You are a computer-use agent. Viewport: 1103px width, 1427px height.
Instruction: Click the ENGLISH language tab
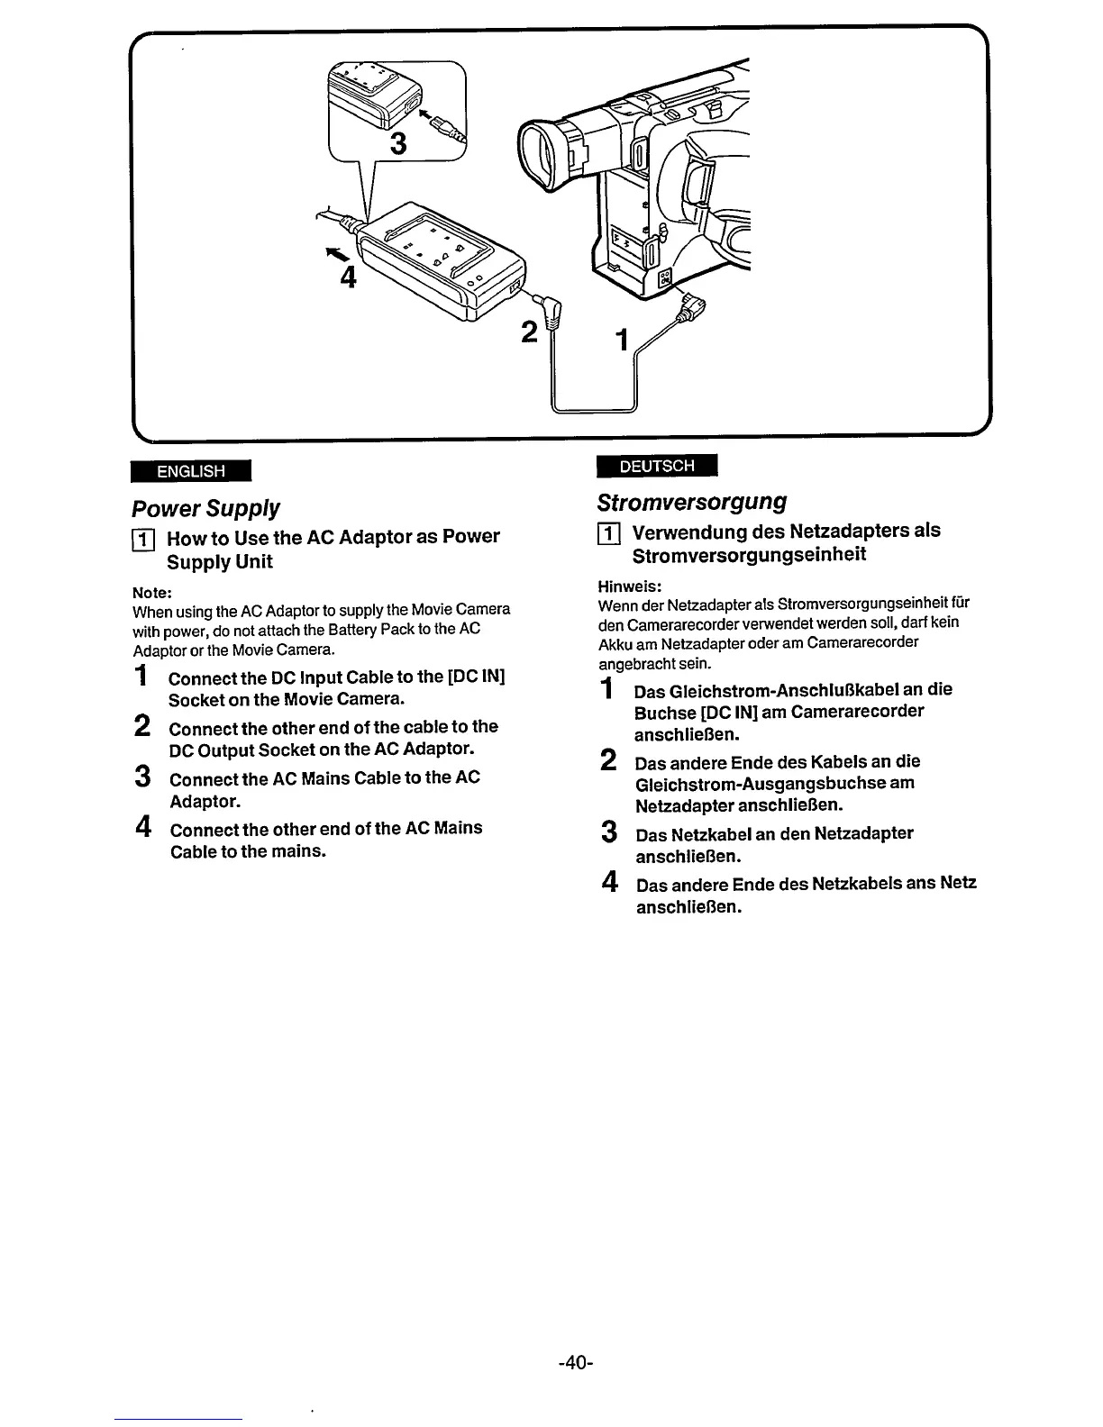click(x=190, y=471)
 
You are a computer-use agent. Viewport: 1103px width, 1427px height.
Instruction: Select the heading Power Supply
click(x=205, y=508)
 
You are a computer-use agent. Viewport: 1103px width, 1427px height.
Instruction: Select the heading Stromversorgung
click(x=692, y=502)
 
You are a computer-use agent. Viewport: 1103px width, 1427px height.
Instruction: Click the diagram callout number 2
click(x=529, y=332)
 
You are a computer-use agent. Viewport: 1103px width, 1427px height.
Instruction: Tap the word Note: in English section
click(x=152, y=593)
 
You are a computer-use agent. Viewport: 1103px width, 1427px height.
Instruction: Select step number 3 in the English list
click(x=141, y=777)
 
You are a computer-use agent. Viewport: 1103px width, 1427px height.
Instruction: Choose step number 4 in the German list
click(x=609, y=881)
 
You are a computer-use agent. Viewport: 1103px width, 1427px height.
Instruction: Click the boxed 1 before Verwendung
click(x=609, y=532)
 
